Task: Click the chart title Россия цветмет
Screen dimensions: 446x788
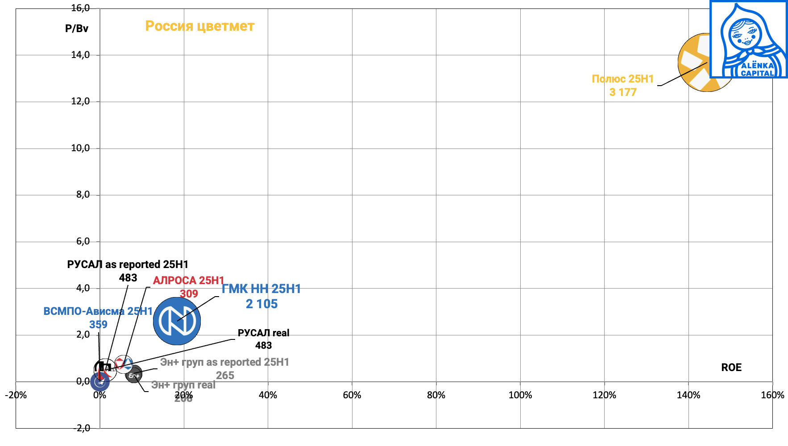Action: (199, 26)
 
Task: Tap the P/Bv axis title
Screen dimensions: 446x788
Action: (77, 29)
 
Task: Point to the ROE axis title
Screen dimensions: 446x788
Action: (731, 368)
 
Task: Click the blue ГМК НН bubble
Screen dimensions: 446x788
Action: (177, 321)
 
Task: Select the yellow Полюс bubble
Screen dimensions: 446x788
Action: (696, 62)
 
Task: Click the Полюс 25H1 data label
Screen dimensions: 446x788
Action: (622, 85)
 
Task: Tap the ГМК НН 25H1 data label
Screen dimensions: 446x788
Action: (261, 296)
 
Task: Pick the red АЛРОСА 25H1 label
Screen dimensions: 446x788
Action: (188, 287)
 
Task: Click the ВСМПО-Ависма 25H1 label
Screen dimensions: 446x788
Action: (98, 318)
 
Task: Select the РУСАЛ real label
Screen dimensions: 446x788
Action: (263, 339)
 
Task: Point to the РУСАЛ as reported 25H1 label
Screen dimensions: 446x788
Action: (128, 271)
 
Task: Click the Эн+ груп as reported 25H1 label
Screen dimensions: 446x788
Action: (224, 368)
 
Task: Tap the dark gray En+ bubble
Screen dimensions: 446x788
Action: (134, 375)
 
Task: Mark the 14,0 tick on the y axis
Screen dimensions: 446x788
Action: (80, 55)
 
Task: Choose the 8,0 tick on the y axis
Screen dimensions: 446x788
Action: (83, 194)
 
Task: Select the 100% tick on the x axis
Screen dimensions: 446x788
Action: (520, 395)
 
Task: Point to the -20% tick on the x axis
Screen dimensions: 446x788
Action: (16, 395)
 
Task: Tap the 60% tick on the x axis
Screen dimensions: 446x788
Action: (352, 395)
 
